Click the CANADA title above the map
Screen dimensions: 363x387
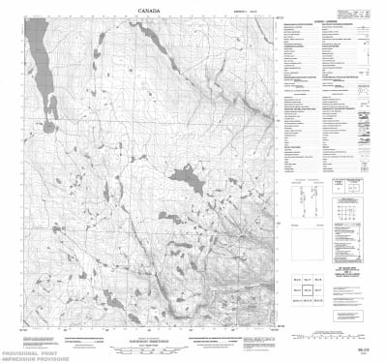point(150,12)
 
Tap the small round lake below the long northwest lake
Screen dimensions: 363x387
point(48,126)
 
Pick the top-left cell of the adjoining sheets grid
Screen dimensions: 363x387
point(296,278)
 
